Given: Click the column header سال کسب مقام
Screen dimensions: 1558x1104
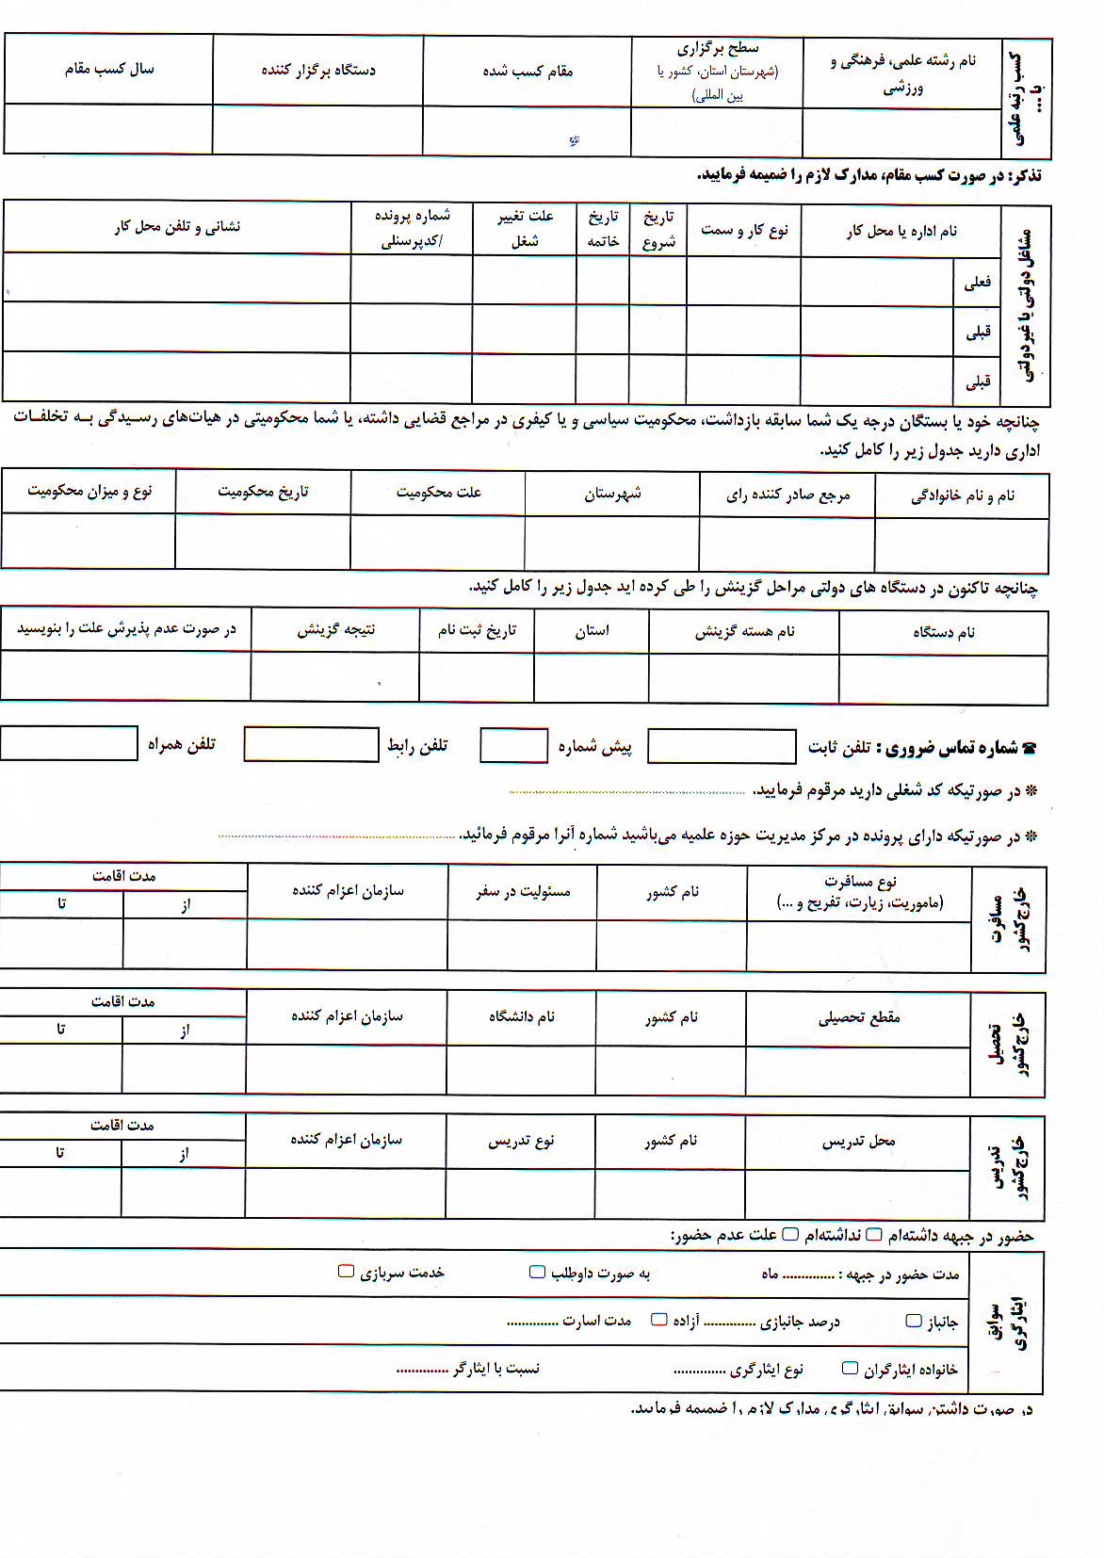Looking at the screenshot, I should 108,69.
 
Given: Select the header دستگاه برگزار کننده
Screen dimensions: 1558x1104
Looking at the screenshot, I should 318,70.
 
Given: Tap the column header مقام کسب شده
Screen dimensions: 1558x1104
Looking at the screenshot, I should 528,71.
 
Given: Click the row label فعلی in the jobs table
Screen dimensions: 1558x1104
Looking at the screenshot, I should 977,281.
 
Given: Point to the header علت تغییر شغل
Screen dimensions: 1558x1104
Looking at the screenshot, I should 525,228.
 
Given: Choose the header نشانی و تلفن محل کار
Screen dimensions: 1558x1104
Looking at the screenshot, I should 177,226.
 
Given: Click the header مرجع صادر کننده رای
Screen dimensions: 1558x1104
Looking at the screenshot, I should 787,495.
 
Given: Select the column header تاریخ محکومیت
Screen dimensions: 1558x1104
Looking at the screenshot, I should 263,492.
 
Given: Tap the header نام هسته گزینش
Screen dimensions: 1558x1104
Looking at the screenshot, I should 744,631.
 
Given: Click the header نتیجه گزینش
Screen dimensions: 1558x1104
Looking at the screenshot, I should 335,629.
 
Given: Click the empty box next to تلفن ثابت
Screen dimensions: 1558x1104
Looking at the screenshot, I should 722,746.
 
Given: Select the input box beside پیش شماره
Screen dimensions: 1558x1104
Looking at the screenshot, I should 513,745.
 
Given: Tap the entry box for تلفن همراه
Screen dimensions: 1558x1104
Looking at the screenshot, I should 69,743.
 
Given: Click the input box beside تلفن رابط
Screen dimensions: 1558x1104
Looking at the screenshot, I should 311,744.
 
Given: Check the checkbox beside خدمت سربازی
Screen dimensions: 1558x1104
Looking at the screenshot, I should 346,1272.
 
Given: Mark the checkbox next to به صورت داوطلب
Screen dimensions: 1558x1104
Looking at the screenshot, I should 537,1273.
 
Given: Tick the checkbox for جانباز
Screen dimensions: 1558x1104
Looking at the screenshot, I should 914,1321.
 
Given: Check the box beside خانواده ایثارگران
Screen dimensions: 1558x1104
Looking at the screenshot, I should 850,1368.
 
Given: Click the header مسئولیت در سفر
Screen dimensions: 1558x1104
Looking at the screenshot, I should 522,891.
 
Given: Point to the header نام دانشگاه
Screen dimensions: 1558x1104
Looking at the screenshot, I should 521,1016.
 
